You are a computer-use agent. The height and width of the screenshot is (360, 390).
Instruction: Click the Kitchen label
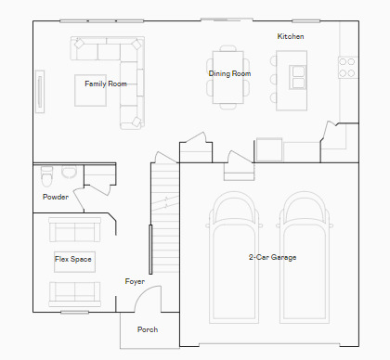click(x=291, y=36)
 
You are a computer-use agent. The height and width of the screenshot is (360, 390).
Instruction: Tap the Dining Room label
click(x=229, y=72)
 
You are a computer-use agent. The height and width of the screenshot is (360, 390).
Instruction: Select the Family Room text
click(x=105, y=84)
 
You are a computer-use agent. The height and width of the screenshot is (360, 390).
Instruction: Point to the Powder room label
click(x=56, y=197)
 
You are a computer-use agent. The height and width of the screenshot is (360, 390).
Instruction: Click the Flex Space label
click(x=73, y=259)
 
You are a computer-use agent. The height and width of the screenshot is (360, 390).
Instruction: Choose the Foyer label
click(x=135, y=281)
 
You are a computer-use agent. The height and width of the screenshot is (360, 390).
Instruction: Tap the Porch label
click(x=148, y=329)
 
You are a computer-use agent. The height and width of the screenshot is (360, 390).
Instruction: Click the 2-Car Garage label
click(x=272, y=257)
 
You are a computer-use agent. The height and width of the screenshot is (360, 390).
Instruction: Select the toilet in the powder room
click(x=46, y=175)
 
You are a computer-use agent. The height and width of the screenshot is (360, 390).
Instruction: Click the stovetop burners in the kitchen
click(x=346, y=67)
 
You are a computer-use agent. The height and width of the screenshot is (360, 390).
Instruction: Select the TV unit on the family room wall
click(x=40, y=90)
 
